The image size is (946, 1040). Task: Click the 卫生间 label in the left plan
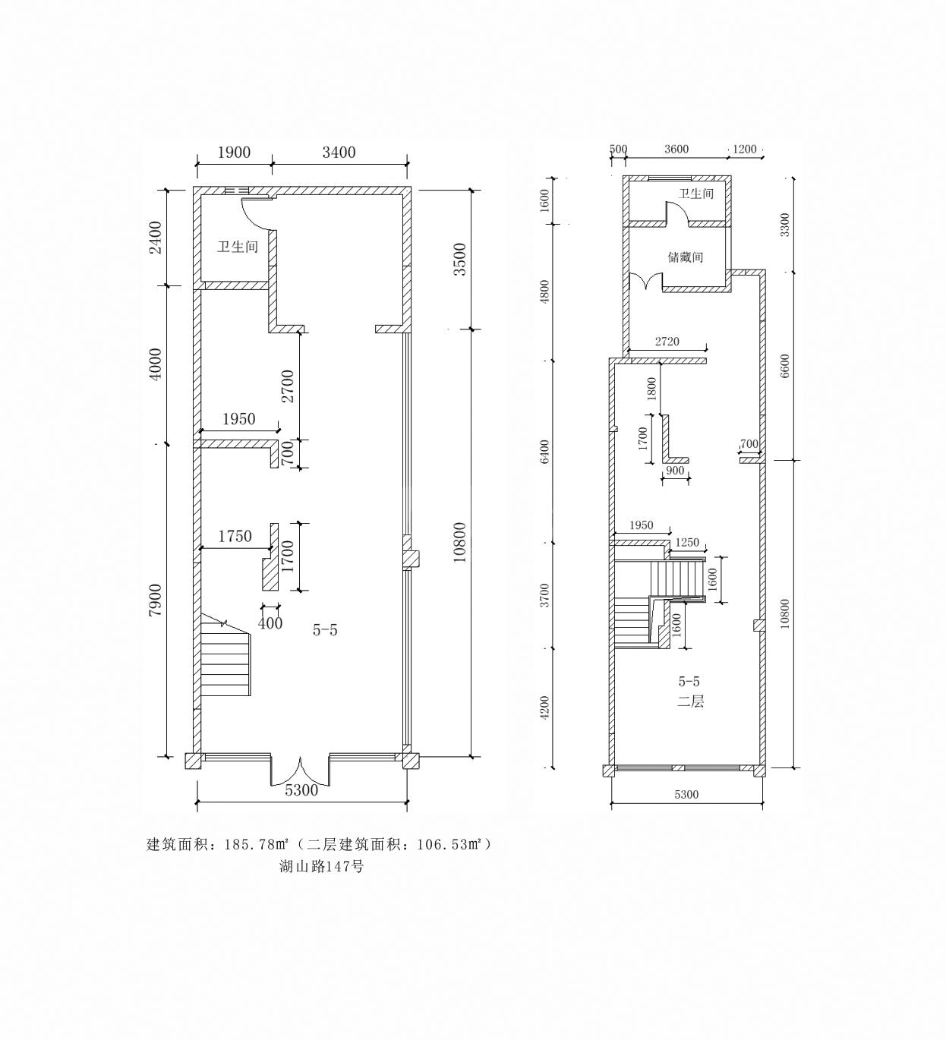(238, 246)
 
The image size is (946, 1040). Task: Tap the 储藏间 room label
(686, 257)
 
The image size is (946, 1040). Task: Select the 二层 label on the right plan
(690, 702)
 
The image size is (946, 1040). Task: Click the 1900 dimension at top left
(234, 153)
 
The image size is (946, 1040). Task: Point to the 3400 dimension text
(339, 153)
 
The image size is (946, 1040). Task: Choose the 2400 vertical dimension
(156, 238)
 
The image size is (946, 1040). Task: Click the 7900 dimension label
(156, 600)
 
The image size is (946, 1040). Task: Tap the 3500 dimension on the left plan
(459, 259)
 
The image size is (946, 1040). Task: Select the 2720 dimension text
(667, 341)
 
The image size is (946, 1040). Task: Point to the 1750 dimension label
(235, 536)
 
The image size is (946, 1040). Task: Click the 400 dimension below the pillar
(270, 622)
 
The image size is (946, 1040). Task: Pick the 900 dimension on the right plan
(675, 471)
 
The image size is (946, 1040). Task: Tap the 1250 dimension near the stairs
(687, 542)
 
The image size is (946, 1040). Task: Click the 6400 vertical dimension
(544, 452)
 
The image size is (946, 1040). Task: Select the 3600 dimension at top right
(676, 150)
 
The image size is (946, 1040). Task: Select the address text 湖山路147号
(322, 881)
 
